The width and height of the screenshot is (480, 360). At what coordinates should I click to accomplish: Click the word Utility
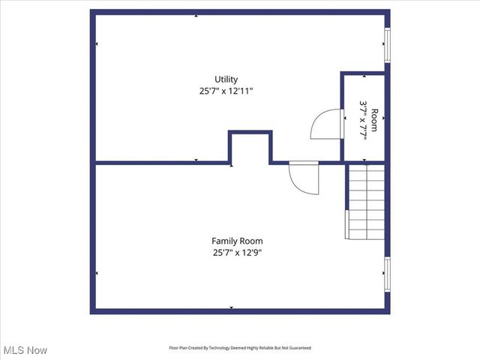point(226,79)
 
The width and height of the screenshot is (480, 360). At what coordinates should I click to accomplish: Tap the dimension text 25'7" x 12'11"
point(226,91)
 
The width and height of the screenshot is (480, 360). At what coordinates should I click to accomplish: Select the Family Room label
point(237,241)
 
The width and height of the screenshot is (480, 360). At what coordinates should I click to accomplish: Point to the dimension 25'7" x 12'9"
point(237,252)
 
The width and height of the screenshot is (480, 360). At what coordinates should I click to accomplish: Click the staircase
point(366,201)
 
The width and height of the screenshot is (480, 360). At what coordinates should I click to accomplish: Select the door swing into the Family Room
point(302,177)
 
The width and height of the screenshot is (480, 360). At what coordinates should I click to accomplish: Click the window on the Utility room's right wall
point(388,46)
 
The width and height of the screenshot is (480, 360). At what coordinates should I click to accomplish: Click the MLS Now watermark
point(25,350)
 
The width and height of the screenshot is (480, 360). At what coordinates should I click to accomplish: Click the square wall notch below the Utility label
point(250,146)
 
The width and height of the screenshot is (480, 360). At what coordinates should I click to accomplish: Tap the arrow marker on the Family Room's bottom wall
point(232,307)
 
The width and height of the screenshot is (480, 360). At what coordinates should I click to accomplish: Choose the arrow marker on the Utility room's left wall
point(97,43)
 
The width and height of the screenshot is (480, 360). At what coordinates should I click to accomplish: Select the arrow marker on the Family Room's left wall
point(97,273)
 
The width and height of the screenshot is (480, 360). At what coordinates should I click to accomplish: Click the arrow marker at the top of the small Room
point(364,76)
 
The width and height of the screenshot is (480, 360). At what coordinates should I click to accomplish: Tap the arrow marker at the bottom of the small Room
point(364,160)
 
